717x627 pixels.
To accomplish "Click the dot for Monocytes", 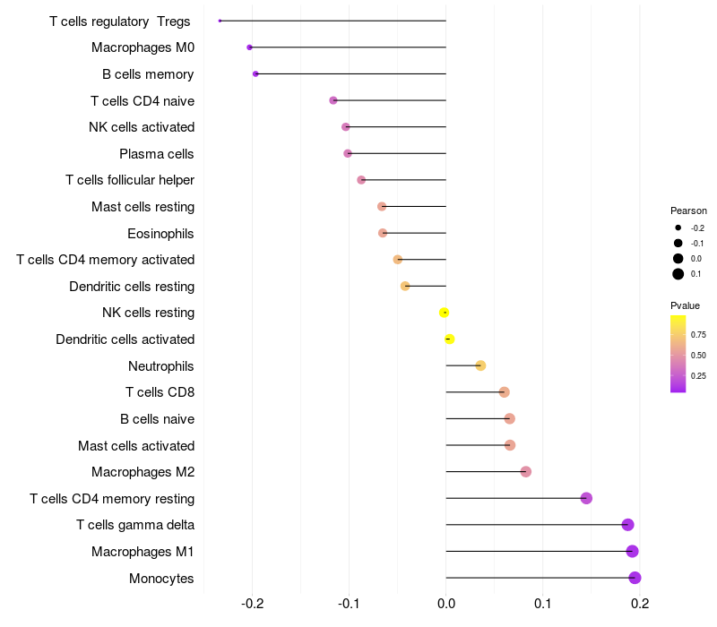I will point(635,578).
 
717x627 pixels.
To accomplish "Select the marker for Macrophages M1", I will point(632,551).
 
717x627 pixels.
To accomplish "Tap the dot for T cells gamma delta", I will point(627,525).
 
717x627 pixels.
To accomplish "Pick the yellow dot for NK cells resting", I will point(444,313).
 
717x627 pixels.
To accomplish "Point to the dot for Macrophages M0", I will point(250,47).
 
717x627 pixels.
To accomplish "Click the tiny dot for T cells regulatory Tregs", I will point(220,21).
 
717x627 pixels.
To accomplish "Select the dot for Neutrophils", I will point(480,365).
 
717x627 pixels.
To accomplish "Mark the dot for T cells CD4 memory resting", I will point(586,498).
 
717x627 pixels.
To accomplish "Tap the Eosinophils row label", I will point(161,234).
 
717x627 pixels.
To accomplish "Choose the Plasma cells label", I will point(157,154).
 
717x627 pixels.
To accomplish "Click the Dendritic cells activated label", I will point(125,339).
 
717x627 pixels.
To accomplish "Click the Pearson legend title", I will point(688,210).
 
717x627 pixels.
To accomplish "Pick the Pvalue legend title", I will point(685,305).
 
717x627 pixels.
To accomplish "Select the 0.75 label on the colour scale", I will point(698,335).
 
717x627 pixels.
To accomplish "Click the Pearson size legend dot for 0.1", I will point(678,274).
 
